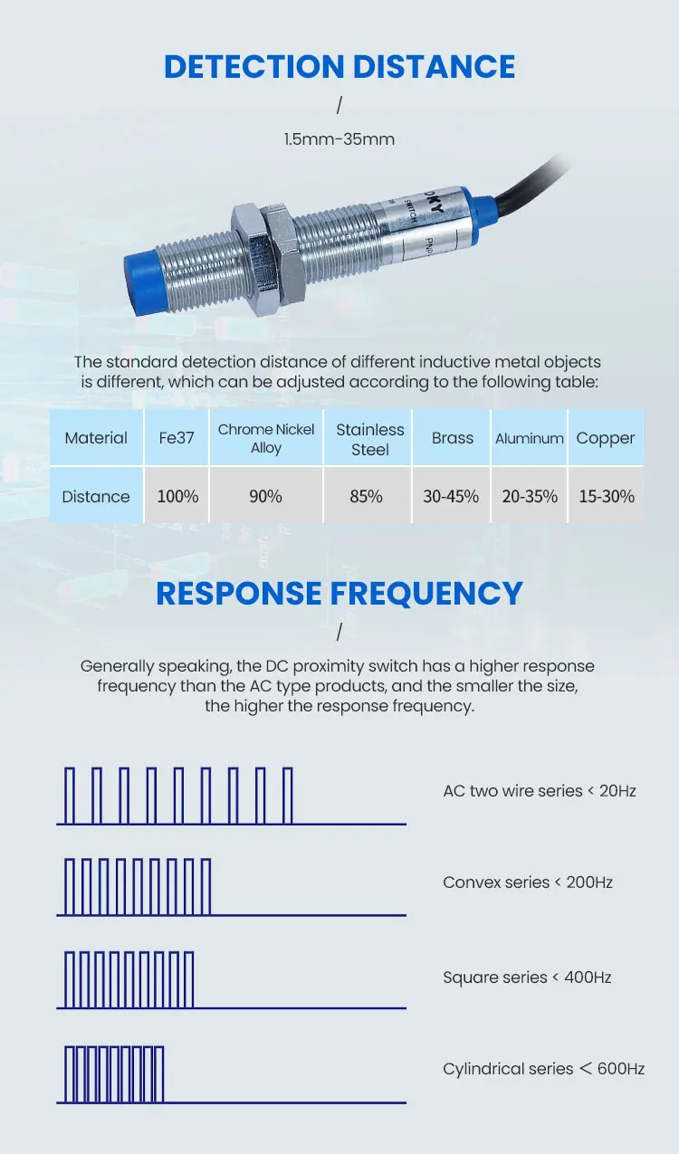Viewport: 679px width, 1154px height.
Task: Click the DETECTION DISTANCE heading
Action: pyautogui.click(x=339, y=67)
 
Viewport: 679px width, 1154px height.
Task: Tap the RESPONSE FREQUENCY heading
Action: pyautogui.click(x=339, y=593)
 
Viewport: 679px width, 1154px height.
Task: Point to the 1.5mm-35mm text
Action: pyautogui.click(x=339, y=139)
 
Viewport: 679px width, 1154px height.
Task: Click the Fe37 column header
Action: pyautogui.click(x=177, y=438)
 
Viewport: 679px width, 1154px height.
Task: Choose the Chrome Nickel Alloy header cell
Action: pyautogui.click(x=266, y=438)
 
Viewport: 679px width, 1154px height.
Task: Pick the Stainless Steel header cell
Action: pyautogui.click(x=369, y=439)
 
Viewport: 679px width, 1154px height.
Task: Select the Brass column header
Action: pyautogui.click(x=453, y=438)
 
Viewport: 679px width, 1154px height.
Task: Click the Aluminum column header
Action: pyautogui.click(x=530, y=438)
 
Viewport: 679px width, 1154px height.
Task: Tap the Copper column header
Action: pyautogui.click(x=606, y=438)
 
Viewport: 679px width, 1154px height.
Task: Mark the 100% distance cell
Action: pyautogui.click(x=177, y=496)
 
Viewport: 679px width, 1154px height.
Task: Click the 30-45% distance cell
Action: pyautogui.click(x=451, y=496)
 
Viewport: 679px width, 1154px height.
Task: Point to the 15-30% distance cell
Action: pyautogui.click(x=606, y=496)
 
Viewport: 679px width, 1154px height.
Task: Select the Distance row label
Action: pyautogui.click(x=96, y=496)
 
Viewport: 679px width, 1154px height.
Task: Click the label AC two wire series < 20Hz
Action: pyautogui.click(x=540, y=791)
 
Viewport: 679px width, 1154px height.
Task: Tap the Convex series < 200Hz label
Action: pyautogui.click(x=528, y=882)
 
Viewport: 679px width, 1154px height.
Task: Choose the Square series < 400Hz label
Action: pyautogui.click(x=527, y=978)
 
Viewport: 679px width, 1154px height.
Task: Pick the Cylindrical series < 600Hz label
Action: pyautogui.click(x=543, y=1069)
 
